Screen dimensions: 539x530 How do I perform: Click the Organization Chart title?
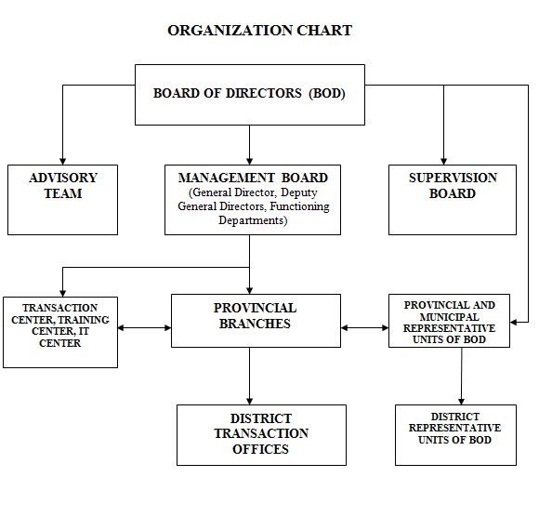point(259,31)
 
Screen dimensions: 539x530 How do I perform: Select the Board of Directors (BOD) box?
point(250,95)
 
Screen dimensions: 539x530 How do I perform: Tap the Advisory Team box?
point(62,200)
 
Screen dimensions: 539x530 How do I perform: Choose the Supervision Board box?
point(453,200)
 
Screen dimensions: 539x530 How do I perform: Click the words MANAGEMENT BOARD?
point(253,178)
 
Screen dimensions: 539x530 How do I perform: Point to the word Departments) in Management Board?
point(253,220)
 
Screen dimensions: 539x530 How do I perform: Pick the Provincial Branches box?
point(256,321)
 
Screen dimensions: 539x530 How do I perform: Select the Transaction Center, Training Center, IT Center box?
point(60,332)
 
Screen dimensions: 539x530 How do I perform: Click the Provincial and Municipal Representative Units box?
point(449,321)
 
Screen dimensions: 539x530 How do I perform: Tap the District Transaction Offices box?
point(261,435)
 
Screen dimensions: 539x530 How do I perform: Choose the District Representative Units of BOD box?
point(455,435)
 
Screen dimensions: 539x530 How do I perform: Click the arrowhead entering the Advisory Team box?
point(62,162)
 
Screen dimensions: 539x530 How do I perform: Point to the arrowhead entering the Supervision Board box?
point(443,162)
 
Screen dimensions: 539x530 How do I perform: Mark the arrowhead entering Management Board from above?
point(250,162)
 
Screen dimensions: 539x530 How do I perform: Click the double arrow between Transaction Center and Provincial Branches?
point(144,328)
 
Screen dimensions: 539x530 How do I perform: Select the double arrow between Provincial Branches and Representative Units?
point(364,328)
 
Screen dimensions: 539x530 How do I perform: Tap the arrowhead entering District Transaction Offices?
point(250,402)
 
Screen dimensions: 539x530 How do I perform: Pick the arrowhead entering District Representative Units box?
point(461,402)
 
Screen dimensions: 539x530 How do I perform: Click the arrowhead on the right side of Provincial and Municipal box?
point(514,323)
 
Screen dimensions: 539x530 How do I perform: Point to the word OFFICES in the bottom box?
point(260,449)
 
